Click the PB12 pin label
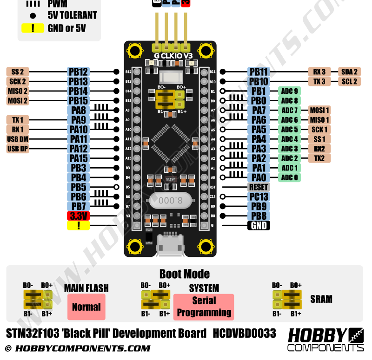coord(78,72)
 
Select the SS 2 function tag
coord(18,72)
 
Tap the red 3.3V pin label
coord(79,216)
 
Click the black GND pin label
coord(259,226)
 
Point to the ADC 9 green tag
coord(289,91)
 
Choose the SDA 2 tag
coord(349,72)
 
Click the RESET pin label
coord(259,187)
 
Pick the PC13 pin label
coord(259,197)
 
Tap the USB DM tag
coord(18,139)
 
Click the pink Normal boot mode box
coord(86,307)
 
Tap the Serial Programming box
coord(204,307)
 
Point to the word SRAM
coord(321,299)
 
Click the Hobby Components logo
coord(325,340)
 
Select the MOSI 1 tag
coord(319,110)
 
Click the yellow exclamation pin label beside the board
coord(79,226)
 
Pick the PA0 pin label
coord(259,177)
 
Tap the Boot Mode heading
coord(184,274)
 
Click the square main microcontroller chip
coord(170,142)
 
